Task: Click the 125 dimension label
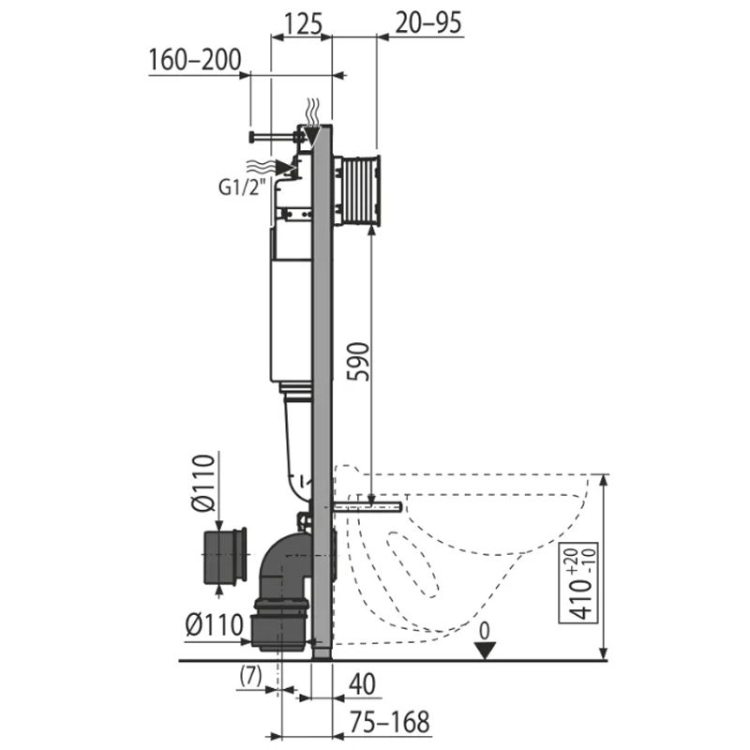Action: point(303,23)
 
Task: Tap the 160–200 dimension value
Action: point(195,60)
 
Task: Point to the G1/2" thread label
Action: point(242,187)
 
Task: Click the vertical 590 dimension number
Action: point(358,362)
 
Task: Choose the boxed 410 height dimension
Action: point(578,583)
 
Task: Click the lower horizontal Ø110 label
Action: point(215,625)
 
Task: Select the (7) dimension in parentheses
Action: point(250,676)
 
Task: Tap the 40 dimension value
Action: point(362,684)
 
